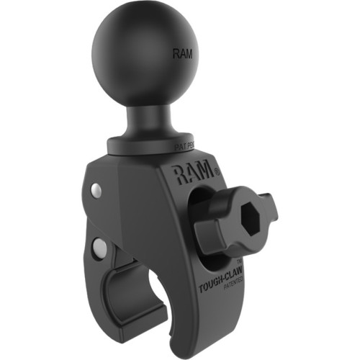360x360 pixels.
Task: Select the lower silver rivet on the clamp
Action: click(100, 248)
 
